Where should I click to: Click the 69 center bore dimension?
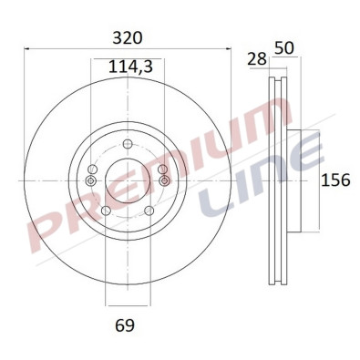point(127,324)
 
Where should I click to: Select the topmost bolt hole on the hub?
point(127,141)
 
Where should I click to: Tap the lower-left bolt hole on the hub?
point(105,211)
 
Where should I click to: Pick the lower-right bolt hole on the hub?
point(148,211)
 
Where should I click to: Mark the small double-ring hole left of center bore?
point(90,180)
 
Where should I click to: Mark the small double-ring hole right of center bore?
point(163,180)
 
